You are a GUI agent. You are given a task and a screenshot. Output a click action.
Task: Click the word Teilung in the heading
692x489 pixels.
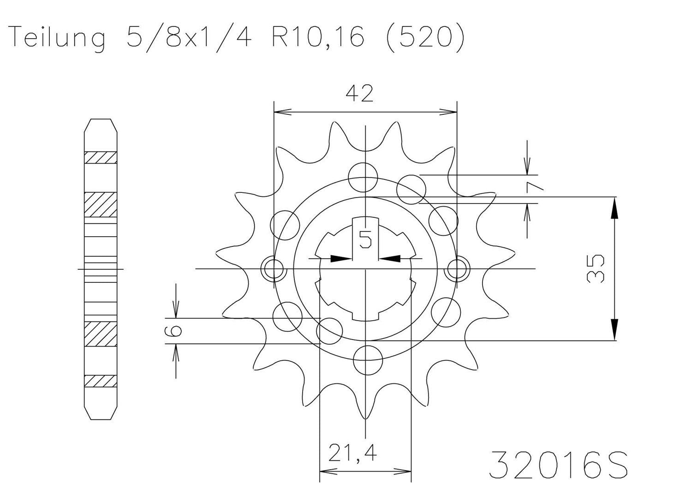point(57,37)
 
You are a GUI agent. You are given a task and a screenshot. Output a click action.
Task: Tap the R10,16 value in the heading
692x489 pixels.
point(318,37)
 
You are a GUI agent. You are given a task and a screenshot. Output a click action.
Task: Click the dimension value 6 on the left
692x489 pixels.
point(176,330)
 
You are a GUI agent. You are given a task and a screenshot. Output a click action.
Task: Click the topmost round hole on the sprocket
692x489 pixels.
point(363,178)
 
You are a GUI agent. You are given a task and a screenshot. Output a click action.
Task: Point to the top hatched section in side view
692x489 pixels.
point(100,157)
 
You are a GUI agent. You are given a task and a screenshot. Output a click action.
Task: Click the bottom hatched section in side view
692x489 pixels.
point(100,381)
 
